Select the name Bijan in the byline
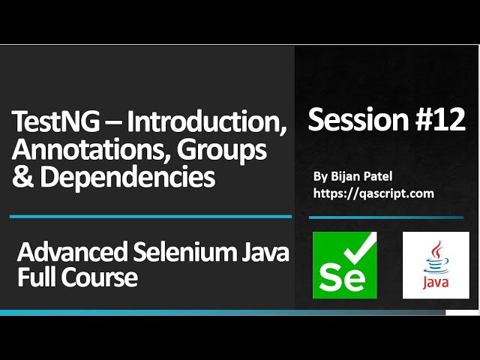coord(345,177)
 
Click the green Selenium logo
coord(345,265)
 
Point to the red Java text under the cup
coord(436,283)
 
